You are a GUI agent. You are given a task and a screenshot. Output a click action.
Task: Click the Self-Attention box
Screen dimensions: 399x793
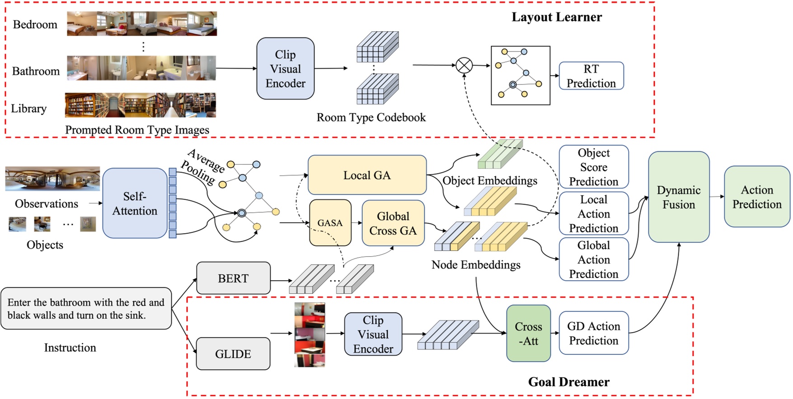coord(135,203)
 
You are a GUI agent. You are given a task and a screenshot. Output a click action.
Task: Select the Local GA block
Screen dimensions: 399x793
coord(367,175)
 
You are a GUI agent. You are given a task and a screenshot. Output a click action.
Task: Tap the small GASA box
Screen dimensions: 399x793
coord(330,223)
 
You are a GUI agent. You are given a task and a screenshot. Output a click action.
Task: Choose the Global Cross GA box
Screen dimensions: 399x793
coord(393,223)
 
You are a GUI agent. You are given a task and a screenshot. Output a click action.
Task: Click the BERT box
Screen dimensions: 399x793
coord(233,278)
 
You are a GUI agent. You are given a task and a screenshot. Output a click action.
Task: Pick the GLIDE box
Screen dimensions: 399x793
coord(233,354)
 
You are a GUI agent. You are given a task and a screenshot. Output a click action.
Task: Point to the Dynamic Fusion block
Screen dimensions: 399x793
coord(678,197)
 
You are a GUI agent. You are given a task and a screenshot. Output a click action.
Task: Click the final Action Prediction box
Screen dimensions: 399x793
coord(757,197)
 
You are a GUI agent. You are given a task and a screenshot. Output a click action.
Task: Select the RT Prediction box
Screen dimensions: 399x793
coord(591,76)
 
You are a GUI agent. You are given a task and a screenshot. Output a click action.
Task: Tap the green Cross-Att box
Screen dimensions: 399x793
coord(528,333)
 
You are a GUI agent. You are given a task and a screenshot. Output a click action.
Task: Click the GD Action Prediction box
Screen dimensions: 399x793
coord(593,333)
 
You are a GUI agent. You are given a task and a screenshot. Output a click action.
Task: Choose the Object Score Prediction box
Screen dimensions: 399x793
coord(593,167)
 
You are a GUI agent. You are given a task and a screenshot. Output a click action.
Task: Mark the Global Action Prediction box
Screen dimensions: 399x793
coord(593,259)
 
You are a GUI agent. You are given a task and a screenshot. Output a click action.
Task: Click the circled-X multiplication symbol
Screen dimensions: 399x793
coord(464,66)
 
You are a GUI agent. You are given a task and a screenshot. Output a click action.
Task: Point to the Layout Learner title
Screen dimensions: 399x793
coord(557,17)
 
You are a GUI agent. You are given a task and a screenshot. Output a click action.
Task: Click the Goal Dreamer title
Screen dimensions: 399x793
coord(568,382)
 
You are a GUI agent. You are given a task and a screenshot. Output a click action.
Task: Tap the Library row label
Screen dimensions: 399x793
coord(29,108)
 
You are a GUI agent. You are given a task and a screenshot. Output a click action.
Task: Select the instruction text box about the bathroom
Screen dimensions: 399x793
coord(86,309)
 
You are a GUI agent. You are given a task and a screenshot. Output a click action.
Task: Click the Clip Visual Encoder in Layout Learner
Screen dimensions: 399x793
coord(285,69)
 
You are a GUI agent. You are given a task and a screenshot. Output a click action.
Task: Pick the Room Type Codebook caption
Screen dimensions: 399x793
coord(371,117)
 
